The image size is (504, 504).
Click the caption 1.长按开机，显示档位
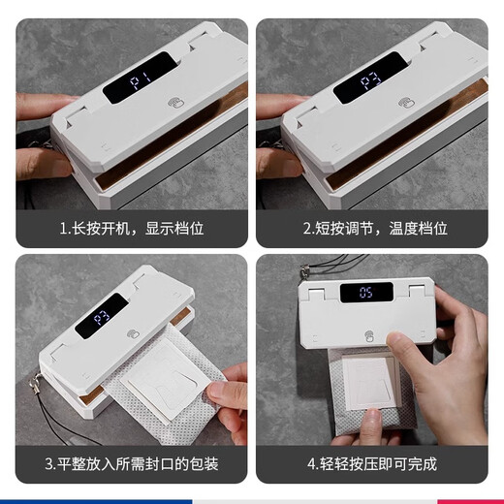pyautogui.click(x=132, y=229)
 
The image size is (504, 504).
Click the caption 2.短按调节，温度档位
pyautogui.click(x=373, y=229)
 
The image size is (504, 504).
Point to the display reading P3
pyautogui.click(x=102, y=317)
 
